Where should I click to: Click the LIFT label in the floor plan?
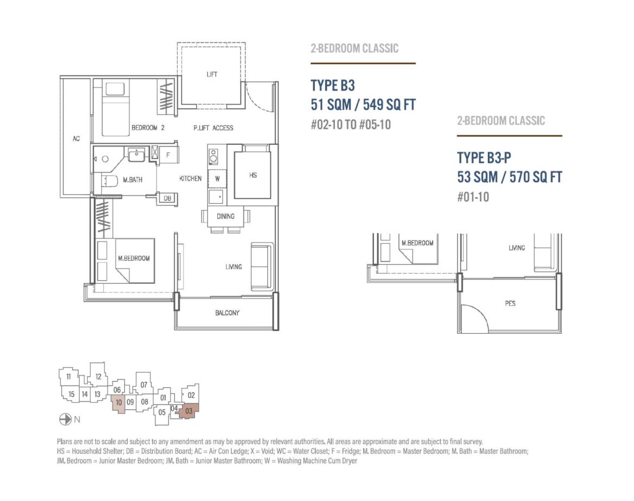(212, 74)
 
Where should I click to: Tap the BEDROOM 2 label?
(148, 128)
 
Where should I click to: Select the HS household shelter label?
(253, 175)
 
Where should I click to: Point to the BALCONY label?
(227, 313)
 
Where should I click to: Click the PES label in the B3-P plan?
(510, 303)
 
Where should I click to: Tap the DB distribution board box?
(167, 198)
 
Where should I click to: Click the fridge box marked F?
(168, 155)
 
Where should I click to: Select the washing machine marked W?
(217, 179)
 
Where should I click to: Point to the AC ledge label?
(76, 138)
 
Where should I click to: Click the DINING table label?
(225, 216)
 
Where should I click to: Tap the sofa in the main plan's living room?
(262, 267)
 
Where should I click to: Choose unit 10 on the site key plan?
(119, 403)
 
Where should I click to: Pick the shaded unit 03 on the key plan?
(189, 411)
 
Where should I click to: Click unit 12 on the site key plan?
(98, 376)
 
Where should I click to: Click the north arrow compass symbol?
(65, 419)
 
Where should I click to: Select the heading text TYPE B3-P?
(484, 157)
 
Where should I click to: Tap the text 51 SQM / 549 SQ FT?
(363, 105)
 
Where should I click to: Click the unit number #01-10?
(473, 197)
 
